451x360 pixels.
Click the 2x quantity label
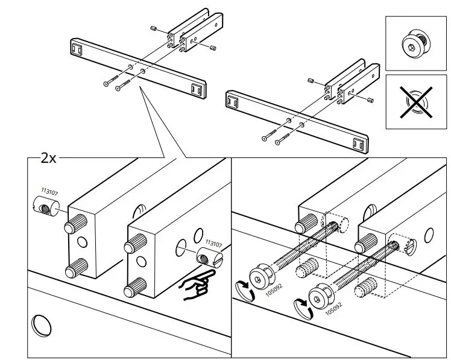click(x=48, y=159)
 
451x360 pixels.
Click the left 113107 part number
click(x=49, y=192)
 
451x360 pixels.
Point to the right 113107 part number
click(x=214, y=244)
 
